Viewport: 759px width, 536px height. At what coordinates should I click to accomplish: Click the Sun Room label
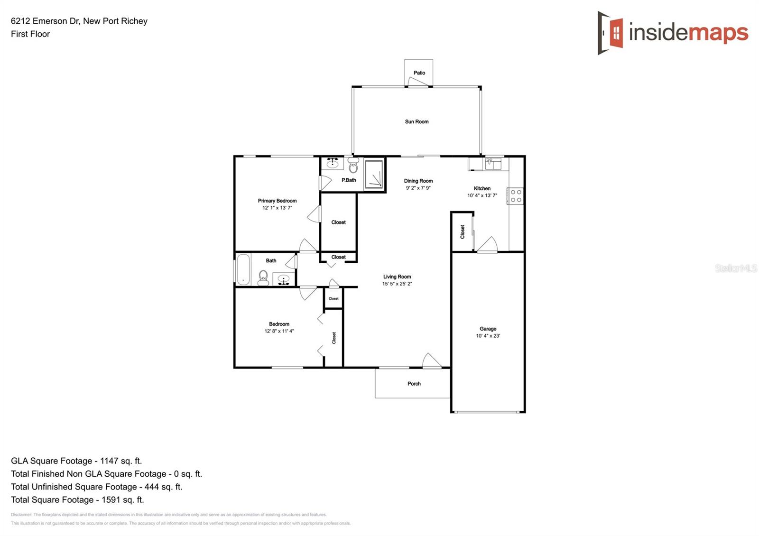tap(417, 122)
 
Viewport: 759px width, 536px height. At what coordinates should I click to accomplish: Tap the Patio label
tap(419, 73)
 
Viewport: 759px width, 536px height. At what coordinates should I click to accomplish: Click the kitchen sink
tap(493, 164)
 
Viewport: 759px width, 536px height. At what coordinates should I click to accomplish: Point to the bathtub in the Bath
tap(243, 269)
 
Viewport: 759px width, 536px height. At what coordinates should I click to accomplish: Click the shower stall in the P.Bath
tap(374, 175)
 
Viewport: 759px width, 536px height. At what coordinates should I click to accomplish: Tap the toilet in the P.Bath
tap(353, 166)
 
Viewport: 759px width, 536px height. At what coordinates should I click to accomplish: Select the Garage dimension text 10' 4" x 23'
tap(488, 336)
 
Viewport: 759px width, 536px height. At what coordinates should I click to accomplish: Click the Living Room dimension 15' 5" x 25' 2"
tap(397, 284)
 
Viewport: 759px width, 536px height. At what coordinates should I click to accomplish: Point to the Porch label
tap(414, 384)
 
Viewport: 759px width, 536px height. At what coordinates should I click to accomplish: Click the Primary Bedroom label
tap(277, 201)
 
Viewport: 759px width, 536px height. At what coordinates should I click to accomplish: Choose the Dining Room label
tap(418, 181)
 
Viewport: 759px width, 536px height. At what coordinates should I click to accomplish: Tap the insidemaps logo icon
tap(611, 33)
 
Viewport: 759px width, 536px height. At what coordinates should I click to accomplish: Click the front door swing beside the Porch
tap(432, 360)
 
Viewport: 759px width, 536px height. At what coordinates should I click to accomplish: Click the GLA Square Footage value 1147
tap(109, 461)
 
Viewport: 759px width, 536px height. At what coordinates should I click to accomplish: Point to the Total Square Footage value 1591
tap(110, 500)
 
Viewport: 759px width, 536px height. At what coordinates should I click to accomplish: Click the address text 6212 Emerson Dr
tap(45, 21)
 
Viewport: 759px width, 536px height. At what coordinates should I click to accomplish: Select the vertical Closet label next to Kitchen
tap(463, 232)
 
